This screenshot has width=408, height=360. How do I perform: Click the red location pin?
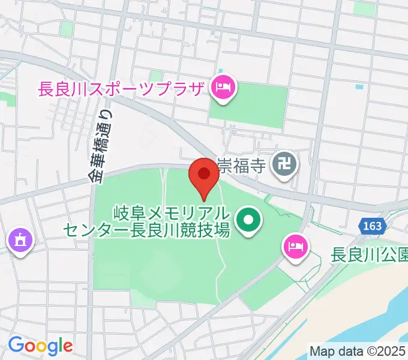coord(203,175)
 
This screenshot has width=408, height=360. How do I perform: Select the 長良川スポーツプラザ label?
coord(121,90)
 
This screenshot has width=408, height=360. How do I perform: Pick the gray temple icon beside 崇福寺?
coord(283,163)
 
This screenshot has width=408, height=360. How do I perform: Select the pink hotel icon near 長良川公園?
coord(295,245)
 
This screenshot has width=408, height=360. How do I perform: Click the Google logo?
coord(40,346)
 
